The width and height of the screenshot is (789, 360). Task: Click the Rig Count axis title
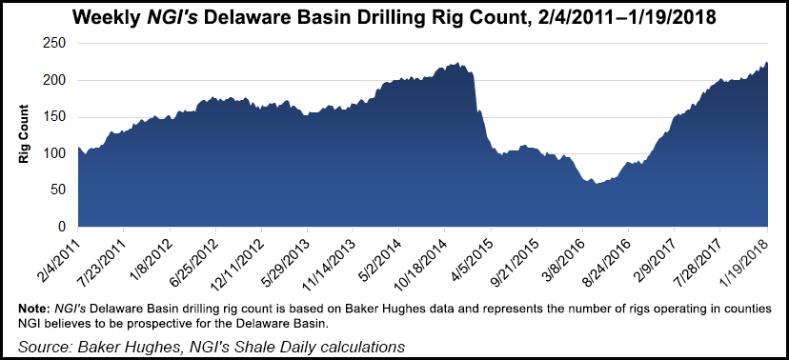click(24, 135)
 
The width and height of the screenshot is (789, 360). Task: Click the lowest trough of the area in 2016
click(597, 183)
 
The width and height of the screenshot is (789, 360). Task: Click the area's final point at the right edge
click(767, 63)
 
